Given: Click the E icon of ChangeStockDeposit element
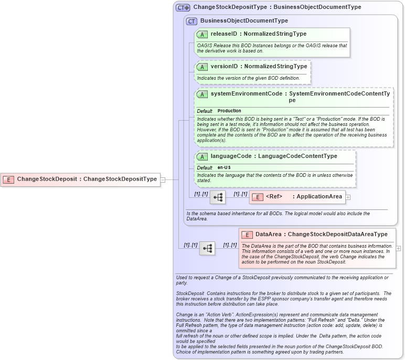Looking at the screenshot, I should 9,179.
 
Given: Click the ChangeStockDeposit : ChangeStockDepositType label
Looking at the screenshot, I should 87,179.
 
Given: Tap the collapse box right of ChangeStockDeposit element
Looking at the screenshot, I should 163,179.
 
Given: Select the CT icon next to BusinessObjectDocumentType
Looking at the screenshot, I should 192,21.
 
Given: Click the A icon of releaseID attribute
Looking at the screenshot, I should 202,35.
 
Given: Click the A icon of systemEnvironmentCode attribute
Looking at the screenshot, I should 202,94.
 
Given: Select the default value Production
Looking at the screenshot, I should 229,111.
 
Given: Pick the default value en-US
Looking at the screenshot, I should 225,167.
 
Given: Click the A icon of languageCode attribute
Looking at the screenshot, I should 202,156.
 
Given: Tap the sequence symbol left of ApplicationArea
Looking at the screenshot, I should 218,197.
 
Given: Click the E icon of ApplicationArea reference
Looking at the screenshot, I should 258,197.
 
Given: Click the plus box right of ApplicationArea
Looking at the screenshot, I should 348,197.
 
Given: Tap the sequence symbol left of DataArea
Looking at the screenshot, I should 207,248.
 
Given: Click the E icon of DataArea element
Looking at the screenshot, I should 247,235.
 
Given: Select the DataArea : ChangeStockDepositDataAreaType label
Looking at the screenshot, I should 322,235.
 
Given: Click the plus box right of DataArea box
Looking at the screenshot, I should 399,248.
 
